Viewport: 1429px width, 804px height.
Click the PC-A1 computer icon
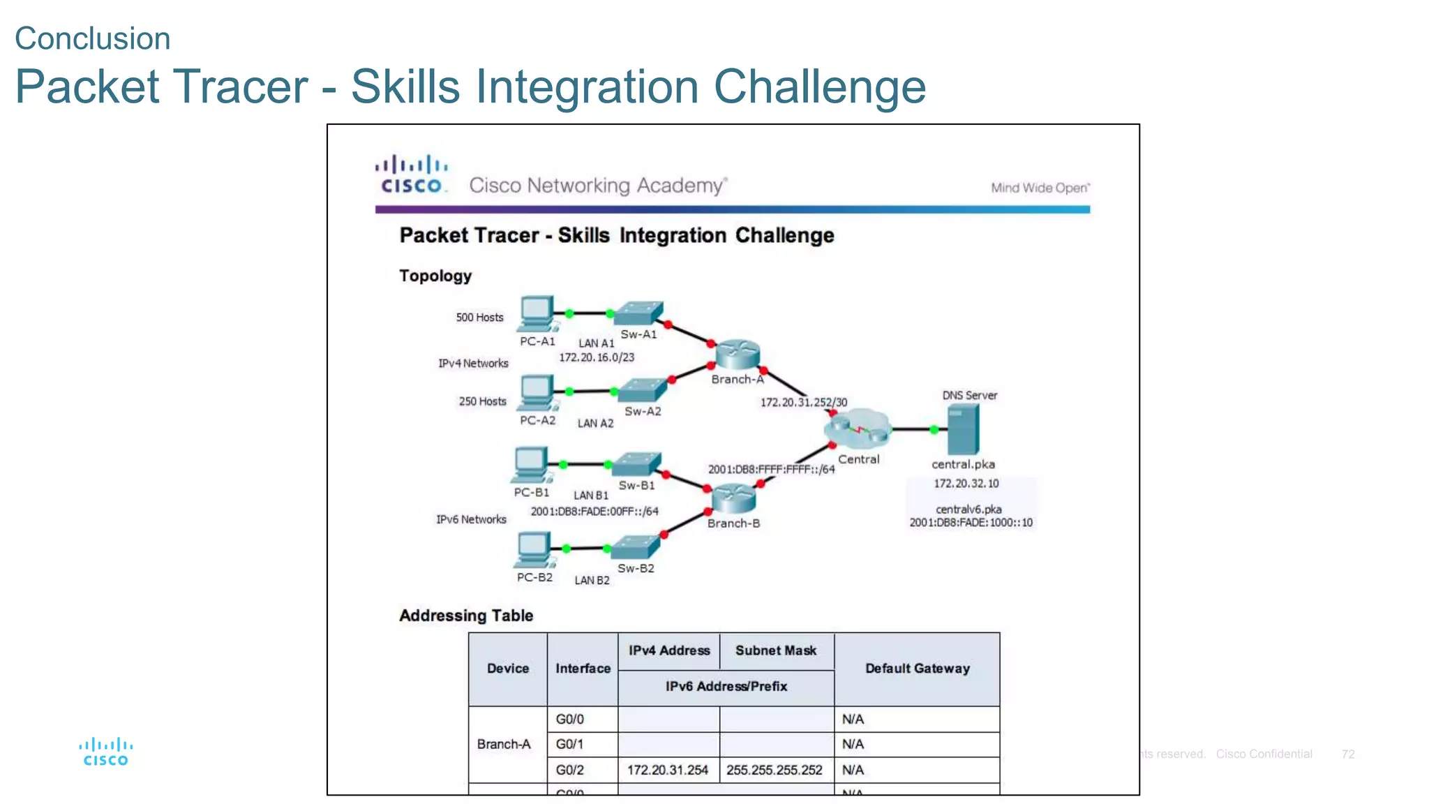click(x=537, y=314)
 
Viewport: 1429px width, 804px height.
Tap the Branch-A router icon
click(x=737, y=354)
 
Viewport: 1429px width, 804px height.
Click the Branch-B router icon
click(x=733, y=498)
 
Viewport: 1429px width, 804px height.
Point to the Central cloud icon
click(x=858, y=429)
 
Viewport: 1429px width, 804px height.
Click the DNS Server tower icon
click(x=964, y=429)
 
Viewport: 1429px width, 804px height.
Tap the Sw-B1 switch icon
click(x=636, y=464)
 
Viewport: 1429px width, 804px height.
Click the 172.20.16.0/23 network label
click(x=597, y=357)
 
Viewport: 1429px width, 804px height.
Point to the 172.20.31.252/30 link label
click(x=803, y=403)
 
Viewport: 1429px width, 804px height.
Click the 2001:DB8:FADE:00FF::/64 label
click(x=594, y=512)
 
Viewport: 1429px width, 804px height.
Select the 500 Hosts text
click(x=479, y=318)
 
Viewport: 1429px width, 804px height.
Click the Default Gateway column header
click(x=917, y=669)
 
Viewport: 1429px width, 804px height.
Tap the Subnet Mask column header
click(x=775, y=650)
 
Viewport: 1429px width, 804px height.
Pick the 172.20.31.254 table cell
click(x=667, y=770)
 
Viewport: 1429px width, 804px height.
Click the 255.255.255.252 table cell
click(x=774, y=770)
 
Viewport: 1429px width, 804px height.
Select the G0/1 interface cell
click(x=569, y=745)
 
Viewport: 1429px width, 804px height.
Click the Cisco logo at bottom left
click(x=106, y=752)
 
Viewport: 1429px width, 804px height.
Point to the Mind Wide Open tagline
click(x=1040, y=188)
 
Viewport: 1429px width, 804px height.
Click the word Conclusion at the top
click(x=92, y=38)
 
